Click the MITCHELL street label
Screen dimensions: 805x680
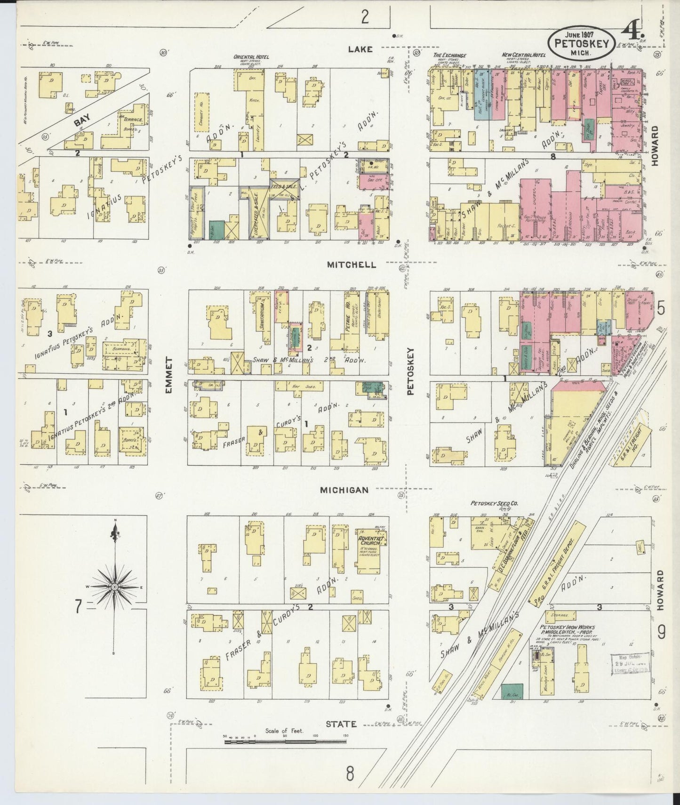tap(352, 265)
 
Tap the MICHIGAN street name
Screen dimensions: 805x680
tap(344, 490)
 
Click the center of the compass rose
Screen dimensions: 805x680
tap(114, 588)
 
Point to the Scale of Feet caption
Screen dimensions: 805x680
tap(284, 731)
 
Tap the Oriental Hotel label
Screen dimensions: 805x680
tap(251, 57)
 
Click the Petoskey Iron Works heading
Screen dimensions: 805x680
tap(567, 628)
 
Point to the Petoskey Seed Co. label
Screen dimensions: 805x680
tap(494, 503)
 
